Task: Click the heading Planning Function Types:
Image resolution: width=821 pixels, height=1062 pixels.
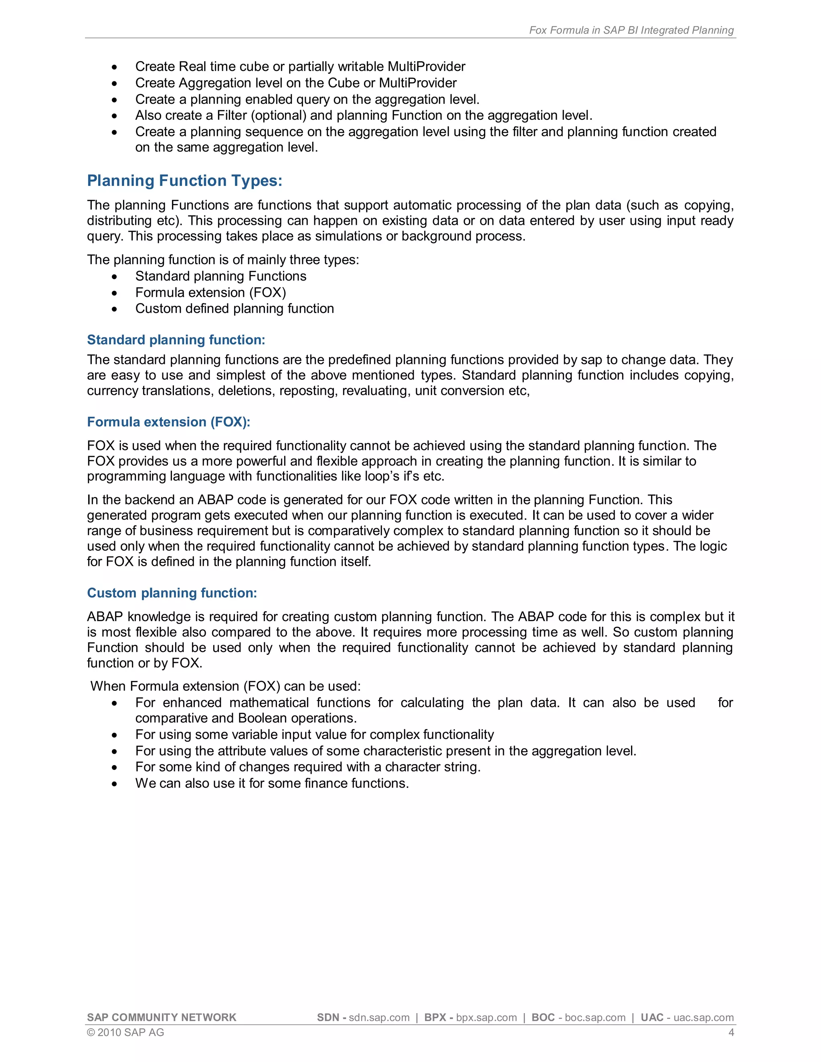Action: [x=184, y=180]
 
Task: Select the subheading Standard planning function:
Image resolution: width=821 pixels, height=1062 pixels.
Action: [x=176, y=339]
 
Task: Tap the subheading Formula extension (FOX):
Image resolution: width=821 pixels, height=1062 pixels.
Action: [x=168, y=422]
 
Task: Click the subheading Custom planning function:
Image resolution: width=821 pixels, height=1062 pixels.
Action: [x=172, y=593]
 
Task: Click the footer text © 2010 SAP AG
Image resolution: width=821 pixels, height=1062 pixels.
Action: [x=125, y=1032]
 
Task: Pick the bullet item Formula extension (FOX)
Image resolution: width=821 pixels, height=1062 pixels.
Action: [x=210, y=292]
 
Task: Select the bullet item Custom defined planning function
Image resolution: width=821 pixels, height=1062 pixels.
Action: [x=235, y=308]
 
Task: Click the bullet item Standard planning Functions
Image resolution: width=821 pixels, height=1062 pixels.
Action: [x=221, y=276]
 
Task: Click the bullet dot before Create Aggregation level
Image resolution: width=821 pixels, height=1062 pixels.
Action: [x=114, y=83]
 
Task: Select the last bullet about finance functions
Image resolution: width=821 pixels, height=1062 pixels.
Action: [x=272, y=783]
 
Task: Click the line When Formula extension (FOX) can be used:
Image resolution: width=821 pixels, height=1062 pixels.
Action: [x=226, y=686]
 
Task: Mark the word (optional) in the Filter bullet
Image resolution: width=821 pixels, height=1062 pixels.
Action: [x=278, y=115]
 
